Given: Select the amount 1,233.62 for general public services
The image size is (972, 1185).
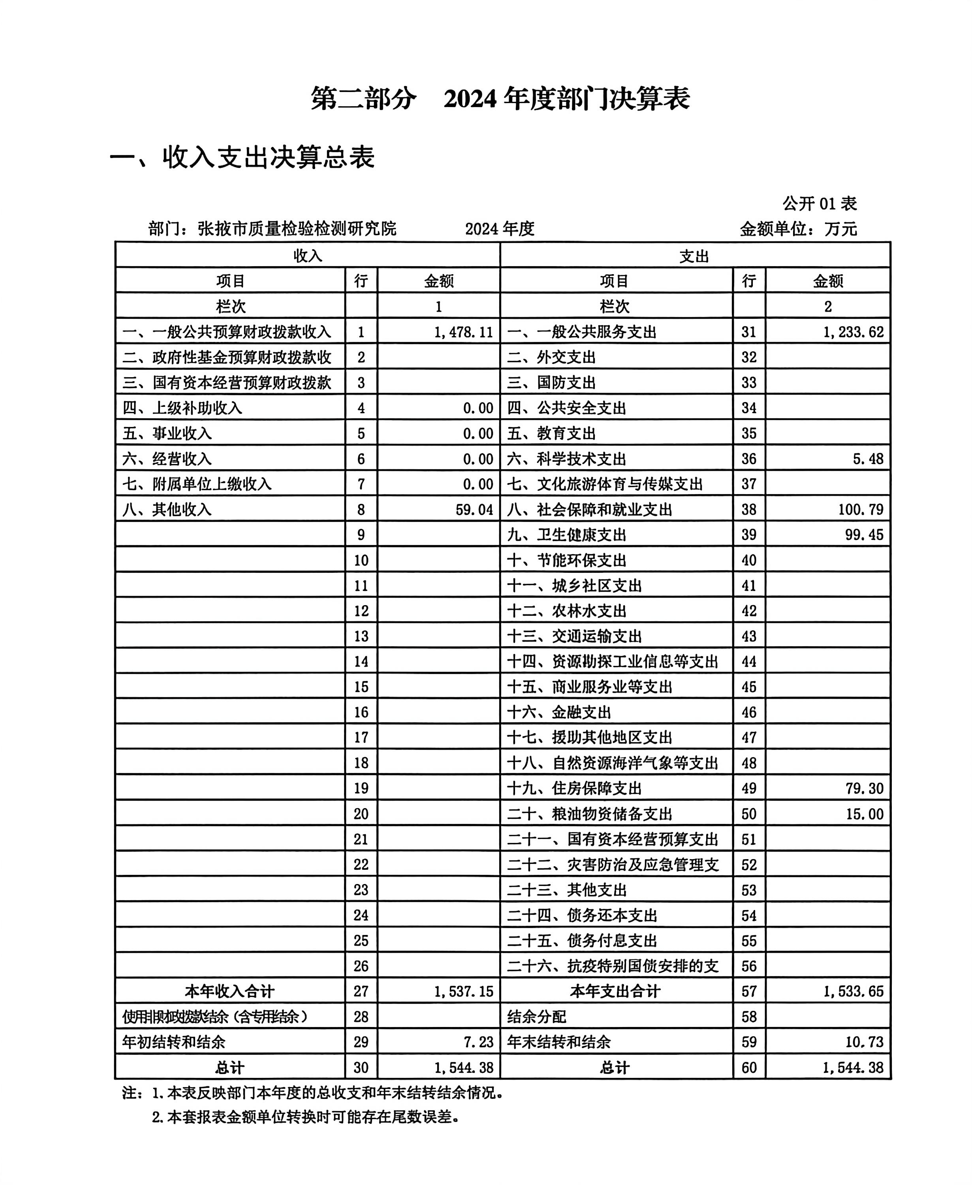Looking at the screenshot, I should pos(853,332).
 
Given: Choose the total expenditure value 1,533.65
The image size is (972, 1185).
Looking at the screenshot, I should pos(853,992).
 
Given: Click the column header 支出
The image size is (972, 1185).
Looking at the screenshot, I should pos(694,256).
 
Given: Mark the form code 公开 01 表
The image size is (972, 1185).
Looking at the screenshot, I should pos(819,203).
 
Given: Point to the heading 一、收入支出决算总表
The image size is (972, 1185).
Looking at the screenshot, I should pos(242,157).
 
